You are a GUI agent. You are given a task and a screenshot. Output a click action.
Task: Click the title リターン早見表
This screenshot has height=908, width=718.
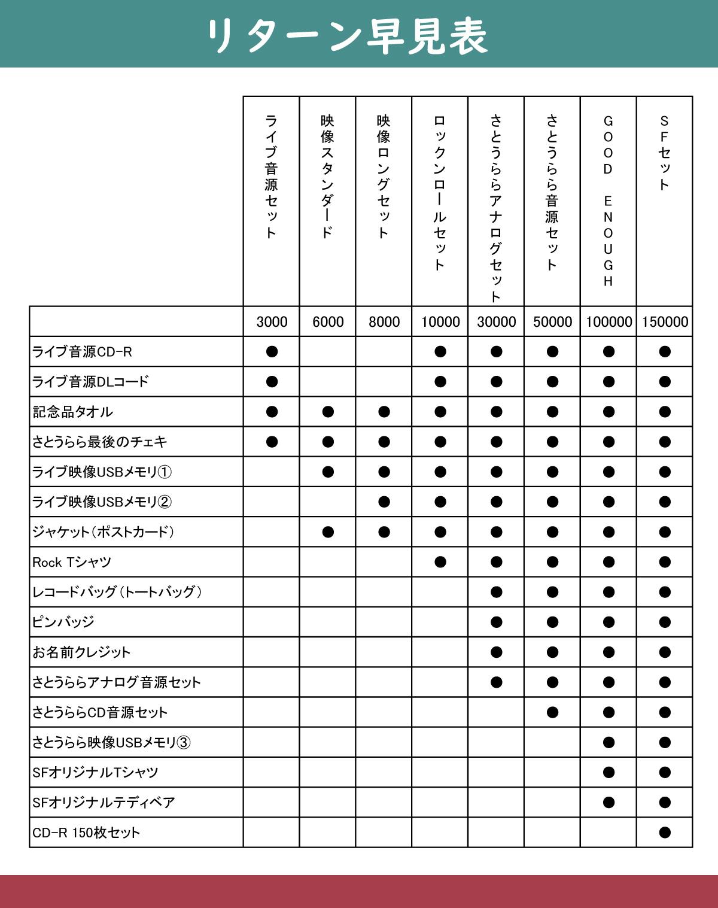pyautogui.click(x=346, y=36)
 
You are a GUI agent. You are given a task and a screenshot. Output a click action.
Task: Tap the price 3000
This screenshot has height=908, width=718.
pyautogui.click(x=272, y=322)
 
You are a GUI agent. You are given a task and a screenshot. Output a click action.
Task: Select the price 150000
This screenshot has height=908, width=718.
pyautogui.click(x=665, y=322)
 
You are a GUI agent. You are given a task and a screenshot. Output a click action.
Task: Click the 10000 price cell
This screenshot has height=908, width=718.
pyautogui.click(x=440, y=322)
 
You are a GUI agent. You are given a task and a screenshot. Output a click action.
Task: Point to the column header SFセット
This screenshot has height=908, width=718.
pyautogui.click(x=664, y=153)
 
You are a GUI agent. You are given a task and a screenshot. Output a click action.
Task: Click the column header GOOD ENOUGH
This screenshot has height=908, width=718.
pyautogui.click(x=608, y=201)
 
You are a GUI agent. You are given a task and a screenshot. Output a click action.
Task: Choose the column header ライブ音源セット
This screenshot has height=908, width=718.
pyautogui.click(x=271, y=177)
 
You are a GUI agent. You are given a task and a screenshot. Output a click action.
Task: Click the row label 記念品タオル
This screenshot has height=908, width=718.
pyautogui.click(x=72, y=412)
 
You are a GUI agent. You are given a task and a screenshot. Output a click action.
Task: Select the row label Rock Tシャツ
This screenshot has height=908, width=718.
pyautogui.click(x=72, y=562)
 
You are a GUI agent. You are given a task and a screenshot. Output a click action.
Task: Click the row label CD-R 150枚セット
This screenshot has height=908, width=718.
pyautogui.click(x=86, y=833)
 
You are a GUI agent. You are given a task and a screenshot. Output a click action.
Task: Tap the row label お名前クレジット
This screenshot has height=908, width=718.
pyautogui.click(x=81, y=652)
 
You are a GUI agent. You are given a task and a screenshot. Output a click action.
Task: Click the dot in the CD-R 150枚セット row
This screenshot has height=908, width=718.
pyautogui.click(x=664, y=833)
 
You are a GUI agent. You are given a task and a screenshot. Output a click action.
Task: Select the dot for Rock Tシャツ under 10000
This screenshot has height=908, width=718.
pyautogui.click(x=440, y=562)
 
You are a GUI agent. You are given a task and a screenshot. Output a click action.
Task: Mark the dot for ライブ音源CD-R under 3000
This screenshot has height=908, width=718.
pyautogui.click(x=272, y=352)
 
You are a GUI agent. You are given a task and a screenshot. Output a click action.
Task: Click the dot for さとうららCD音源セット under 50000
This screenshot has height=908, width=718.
pyautogui.click(x=552, y=712)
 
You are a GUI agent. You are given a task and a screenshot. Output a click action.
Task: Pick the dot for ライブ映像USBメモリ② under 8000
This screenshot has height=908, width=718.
pyautogui.click(x=384, y=502)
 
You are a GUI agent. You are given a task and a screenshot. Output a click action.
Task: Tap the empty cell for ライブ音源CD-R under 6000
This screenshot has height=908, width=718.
pyautogui.click(x=328, y=352)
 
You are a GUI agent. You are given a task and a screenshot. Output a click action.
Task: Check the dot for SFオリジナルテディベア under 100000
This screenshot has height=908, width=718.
pyautogui.click(x=609, y=802)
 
